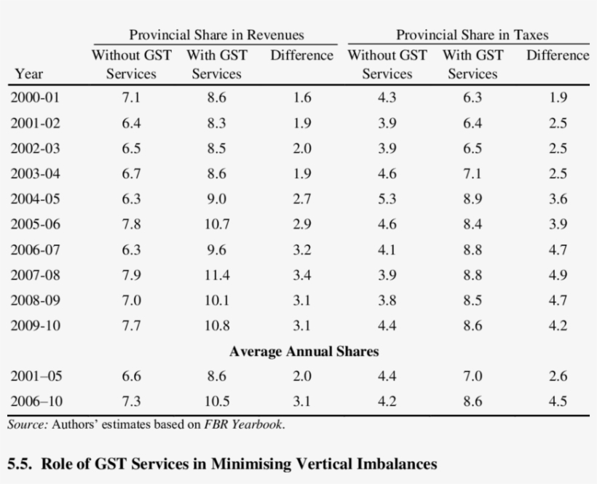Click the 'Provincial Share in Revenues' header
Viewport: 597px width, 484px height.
(x=216, y=35)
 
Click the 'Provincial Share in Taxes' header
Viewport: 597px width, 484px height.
(x=472, y=35)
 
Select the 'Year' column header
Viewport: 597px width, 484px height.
(x=28, y=74)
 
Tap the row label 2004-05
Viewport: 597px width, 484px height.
(x=35, y=199)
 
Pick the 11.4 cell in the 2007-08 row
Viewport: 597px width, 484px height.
(x=216, y=275)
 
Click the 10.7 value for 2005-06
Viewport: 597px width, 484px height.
(x=216, y=225)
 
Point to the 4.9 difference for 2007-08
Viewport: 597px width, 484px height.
(x=558, y=275)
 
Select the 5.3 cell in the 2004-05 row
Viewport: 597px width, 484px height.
(x=387, y=199)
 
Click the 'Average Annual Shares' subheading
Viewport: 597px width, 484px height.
(x=304, y=352)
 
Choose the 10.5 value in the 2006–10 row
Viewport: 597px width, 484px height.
(x=216, y=401)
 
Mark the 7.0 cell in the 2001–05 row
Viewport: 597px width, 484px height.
(x=473, y=376)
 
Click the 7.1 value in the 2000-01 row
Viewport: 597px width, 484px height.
(x=131, y=98)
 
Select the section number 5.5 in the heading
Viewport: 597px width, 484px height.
(x=20, y=464)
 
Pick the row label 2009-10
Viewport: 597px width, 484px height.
(x=35, y=326)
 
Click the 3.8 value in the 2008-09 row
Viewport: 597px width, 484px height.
(x=387, y=301)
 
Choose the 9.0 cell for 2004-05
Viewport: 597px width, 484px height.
(x=216, y=199)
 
